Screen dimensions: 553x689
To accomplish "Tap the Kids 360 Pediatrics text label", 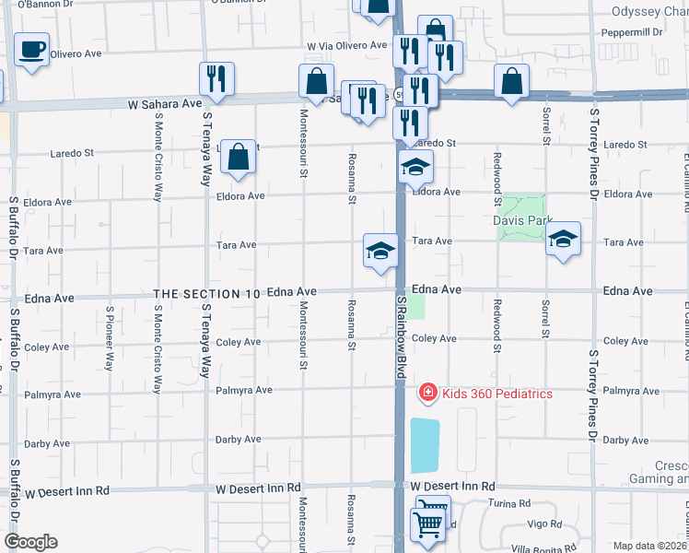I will tap(497, 394).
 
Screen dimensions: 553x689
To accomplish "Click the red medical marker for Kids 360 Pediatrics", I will tap(427, 394).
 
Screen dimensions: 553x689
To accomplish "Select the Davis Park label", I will tap(522, 221).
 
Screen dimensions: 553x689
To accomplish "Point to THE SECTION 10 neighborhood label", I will tap(206, 292).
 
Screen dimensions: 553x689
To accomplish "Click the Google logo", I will tap(30, 542).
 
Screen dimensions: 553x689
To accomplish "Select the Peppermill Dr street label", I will tap(632, 32).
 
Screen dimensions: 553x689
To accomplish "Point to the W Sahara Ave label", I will tap(165, 105).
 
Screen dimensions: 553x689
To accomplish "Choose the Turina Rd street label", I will tap(511, 504).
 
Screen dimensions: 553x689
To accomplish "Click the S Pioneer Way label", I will tap(109, 337).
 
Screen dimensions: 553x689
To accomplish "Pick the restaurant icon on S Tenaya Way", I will tap(216, 79).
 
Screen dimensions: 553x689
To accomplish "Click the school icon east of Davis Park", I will tap(563, 240).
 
